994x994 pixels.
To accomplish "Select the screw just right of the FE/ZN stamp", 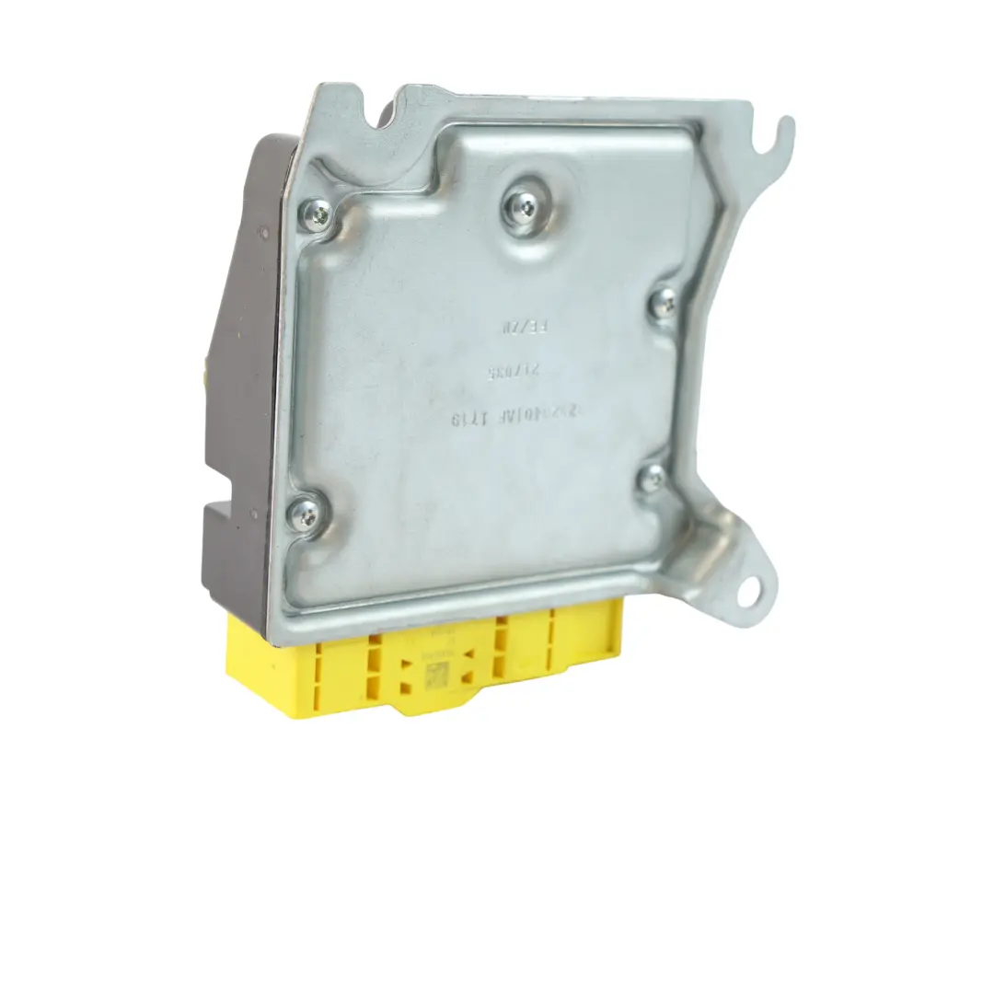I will click(663, 303).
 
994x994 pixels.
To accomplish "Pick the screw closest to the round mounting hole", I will click(652, 476).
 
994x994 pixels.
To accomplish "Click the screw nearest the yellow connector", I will click(307, 509).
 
